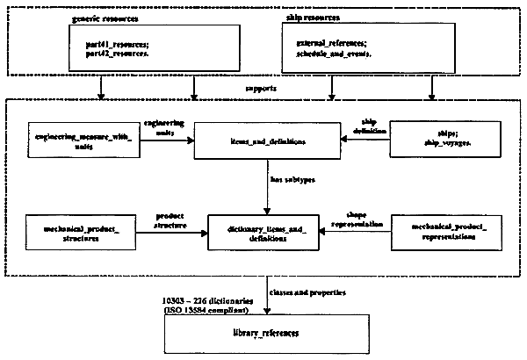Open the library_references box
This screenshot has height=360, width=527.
point(265,335)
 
